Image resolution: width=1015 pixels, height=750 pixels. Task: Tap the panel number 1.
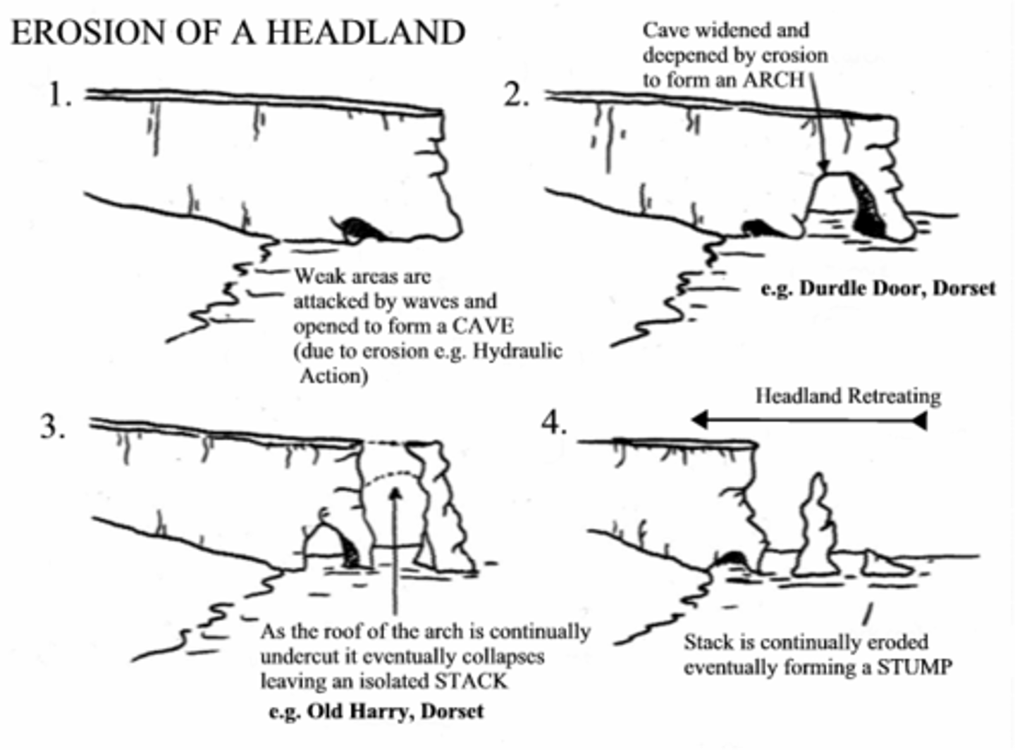(x=59, y=94)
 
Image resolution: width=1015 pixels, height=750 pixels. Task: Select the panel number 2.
(x=516, y=94)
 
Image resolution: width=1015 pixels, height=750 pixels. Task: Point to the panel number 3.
(x=53, y=426)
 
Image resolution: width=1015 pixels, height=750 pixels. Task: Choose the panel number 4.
(x=554, y=423)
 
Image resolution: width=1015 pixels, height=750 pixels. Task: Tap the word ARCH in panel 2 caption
(x=774, y=80)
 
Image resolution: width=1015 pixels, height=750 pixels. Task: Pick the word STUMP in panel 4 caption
(x=914, y=666)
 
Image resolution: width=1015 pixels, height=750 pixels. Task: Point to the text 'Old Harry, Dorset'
(x=395, y=711)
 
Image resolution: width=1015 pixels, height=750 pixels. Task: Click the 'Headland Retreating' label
(x=848, y=396)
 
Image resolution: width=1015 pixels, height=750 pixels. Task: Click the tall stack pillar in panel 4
(x=816, y=525)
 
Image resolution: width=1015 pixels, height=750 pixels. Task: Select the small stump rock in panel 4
(x=878, y=563)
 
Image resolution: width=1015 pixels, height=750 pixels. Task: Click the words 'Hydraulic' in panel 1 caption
(x=517, y=351)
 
